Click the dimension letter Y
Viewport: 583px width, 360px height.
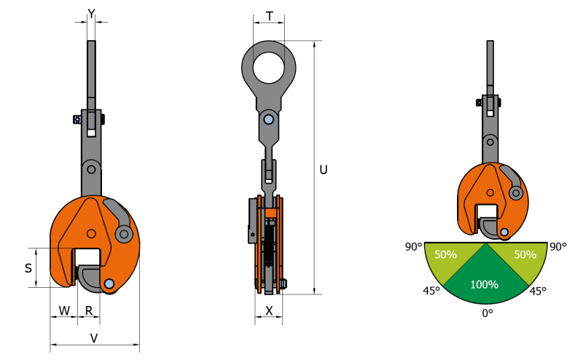click(x=91, y=12)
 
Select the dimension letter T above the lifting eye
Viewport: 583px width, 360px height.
click(x=269, y=15)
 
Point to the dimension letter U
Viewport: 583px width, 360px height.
click(x=324, y=170)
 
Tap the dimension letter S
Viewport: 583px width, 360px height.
click(x=28, y=267)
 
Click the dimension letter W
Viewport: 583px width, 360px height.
click(x=64, y=310)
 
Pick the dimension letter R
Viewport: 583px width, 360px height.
click(x=89, y=310)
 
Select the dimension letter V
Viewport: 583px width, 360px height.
click(x=94, y=337)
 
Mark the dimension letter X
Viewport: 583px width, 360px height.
click(x=269, y=310)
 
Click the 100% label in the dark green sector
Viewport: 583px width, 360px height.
click(x=485, y=284)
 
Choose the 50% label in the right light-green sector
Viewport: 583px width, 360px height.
click(x=525, y=255)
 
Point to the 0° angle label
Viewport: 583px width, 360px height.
click(x=486, y=313)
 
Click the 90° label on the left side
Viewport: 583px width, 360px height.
click(x=412, y=247)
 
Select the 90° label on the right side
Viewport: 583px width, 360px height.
click(x=558, y=247)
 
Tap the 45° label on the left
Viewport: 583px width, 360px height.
click(x=431, y=291)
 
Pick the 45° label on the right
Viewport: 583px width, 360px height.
click(x=538, y=291)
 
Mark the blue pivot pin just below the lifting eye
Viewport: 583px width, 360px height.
click(x=269, y=119)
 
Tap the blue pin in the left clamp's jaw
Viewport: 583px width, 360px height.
click(x=109, y=283)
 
